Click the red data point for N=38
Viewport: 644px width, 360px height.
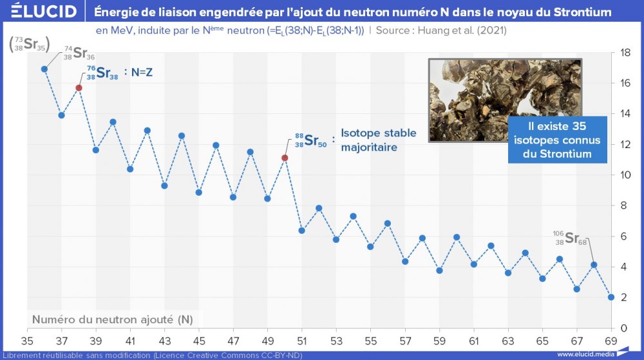pyautogui.click(x=79, y=88)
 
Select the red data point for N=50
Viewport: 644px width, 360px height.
pyautogui.click(x=285, y=158)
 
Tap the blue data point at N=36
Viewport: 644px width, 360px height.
pyautogui.click(x=44, y=69)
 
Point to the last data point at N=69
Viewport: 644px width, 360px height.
pyautogui.click(x=611, y=297)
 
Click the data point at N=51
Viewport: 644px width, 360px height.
pyautogui.click(x=301, y=231)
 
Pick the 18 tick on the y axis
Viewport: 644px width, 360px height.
pyautogui.click(x=623, y=53)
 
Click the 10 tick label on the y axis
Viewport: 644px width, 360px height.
pyautogui.click(x=623, y=175)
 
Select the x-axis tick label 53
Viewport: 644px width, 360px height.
pyautogui.click(x=336, y=340)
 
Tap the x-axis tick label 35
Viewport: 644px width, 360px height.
pyautogui.click(x=27, y=340)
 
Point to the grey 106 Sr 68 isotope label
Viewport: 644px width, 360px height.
pyautogui.click(x=569, y=238)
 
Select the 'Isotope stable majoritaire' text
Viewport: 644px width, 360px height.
pyautogui.click(x=378, y=140)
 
